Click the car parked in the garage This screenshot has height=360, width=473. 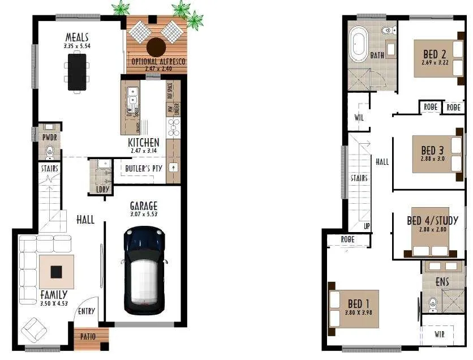144,271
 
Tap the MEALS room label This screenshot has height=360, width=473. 77,37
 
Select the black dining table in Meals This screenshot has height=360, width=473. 78,71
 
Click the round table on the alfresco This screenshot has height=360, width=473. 156,46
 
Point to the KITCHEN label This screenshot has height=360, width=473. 143,143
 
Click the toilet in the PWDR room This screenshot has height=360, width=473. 49,151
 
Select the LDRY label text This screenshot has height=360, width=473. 102,190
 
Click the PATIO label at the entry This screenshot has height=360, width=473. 88,336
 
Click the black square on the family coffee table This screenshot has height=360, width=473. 56,272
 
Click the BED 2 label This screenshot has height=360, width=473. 435,54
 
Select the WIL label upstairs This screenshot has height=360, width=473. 359,118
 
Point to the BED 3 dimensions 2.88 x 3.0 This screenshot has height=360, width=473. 433,160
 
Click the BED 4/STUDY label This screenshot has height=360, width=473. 432,221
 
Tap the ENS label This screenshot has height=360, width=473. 442,281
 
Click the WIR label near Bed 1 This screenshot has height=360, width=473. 439,335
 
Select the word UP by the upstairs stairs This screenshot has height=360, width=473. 367,226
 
